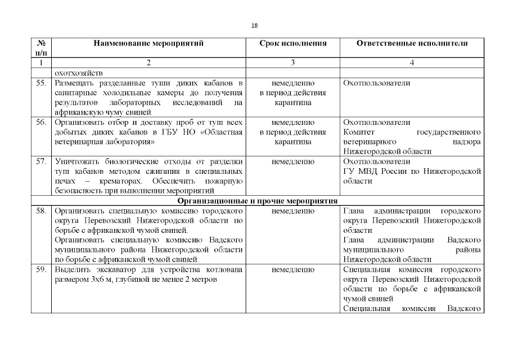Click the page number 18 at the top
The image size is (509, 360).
[x=254, y=25]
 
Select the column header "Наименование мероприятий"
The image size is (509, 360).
[x=148, y=43]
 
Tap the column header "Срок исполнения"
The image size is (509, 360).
[x=292, y=43]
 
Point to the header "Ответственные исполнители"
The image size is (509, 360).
[x=412, y=43]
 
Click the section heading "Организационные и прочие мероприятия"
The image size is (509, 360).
[x=257, y=201]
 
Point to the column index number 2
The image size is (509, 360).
[x=148, y=63]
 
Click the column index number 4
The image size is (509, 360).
[x=412, y=63]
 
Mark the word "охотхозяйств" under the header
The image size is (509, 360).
[x=76, y=73]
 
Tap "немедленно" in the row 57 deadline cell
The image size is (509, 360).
[x=292, y=161]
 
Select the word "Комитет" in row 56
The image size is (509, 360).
[x=358, y=132]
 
